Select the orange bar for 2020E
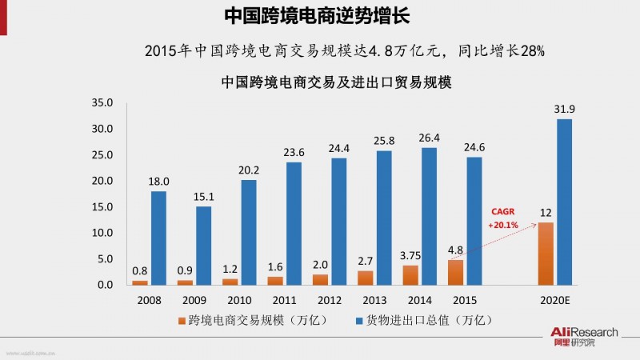546,253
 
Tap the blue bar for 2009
203,245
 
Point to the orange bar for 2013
366,278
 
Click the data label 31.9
564,109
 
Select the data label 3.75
409,256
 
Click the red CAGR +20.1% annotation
504,218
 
